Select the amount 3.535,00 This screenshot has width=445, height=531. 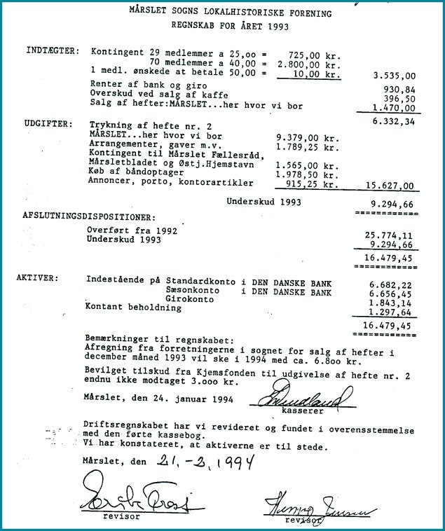pyautogui.click(x=395, y=75)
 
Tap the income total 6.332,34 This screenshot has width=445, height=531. pyautogui.click(x=395, y=120)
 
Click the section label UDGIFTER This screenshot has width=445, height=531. pyautogui.click(x=46, y=123)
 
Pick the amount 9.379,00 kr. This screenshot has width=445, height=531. pyautogui.click(x=308, y=137)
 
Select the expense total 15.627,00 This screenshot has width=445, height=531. pyautogui.click(x=390, y=186)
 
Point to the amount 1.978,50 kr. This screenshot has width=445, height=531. pyautogui.click(x=308, y=174)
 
